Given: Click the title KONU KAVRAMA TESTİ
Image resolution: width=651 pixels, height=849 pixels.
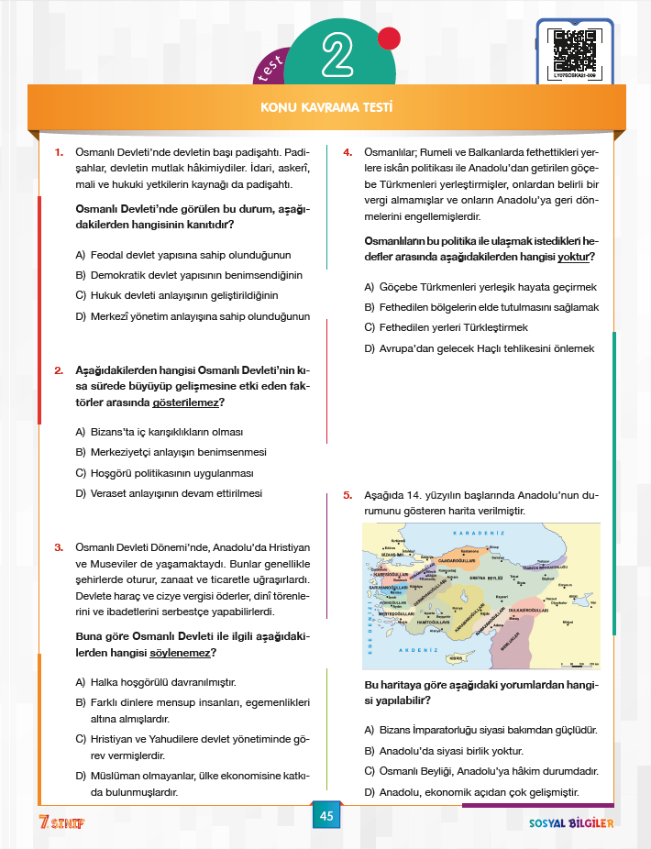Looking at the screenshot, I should click(326, 108).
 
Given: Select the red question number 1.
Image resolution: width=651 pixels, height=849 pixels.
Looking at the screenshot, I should click(57, 151).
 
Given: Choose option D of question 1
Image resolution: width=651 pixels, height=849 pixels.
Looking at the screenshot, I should click(193, 316).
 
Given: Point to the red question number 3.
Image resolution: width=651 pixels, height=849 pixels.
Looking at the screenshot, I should click(57, 547).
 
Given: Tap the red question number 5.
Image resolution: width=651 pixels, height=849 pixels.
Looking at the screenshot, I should click(348, 495).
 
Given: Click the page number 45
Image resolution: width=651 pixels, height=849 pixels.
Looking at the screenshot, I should click(325, 816).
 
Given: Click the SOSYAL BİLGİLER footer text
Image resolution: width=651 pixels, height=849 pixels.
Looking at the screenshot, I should click(571, 822).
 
